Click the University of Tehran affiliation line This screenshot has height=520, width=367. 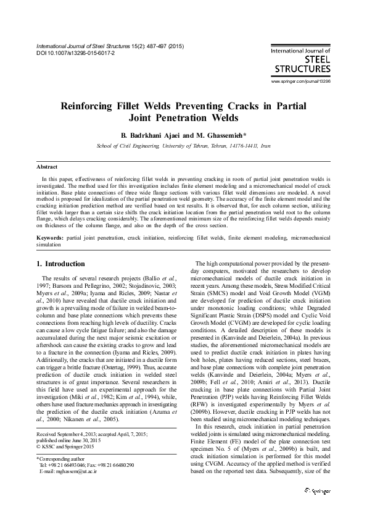183,147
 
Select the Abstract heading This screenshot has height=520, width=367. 47,167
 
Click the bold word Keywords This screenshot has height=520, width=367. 49,237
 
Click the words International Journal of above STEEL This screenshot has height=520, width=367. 300,52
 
